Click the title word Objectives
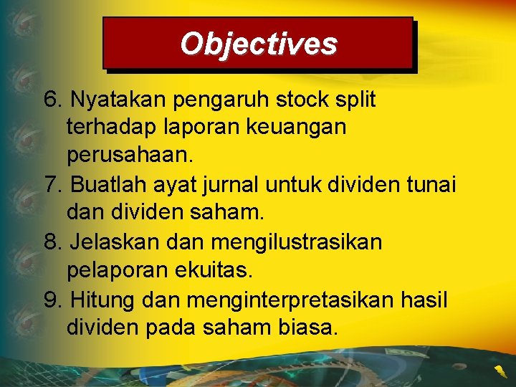[x=258, y=44]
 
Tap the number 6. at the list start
[x=53, y=100]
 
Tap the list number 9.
[x=53, y=300]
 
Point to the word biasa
[x=304, y=328]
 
